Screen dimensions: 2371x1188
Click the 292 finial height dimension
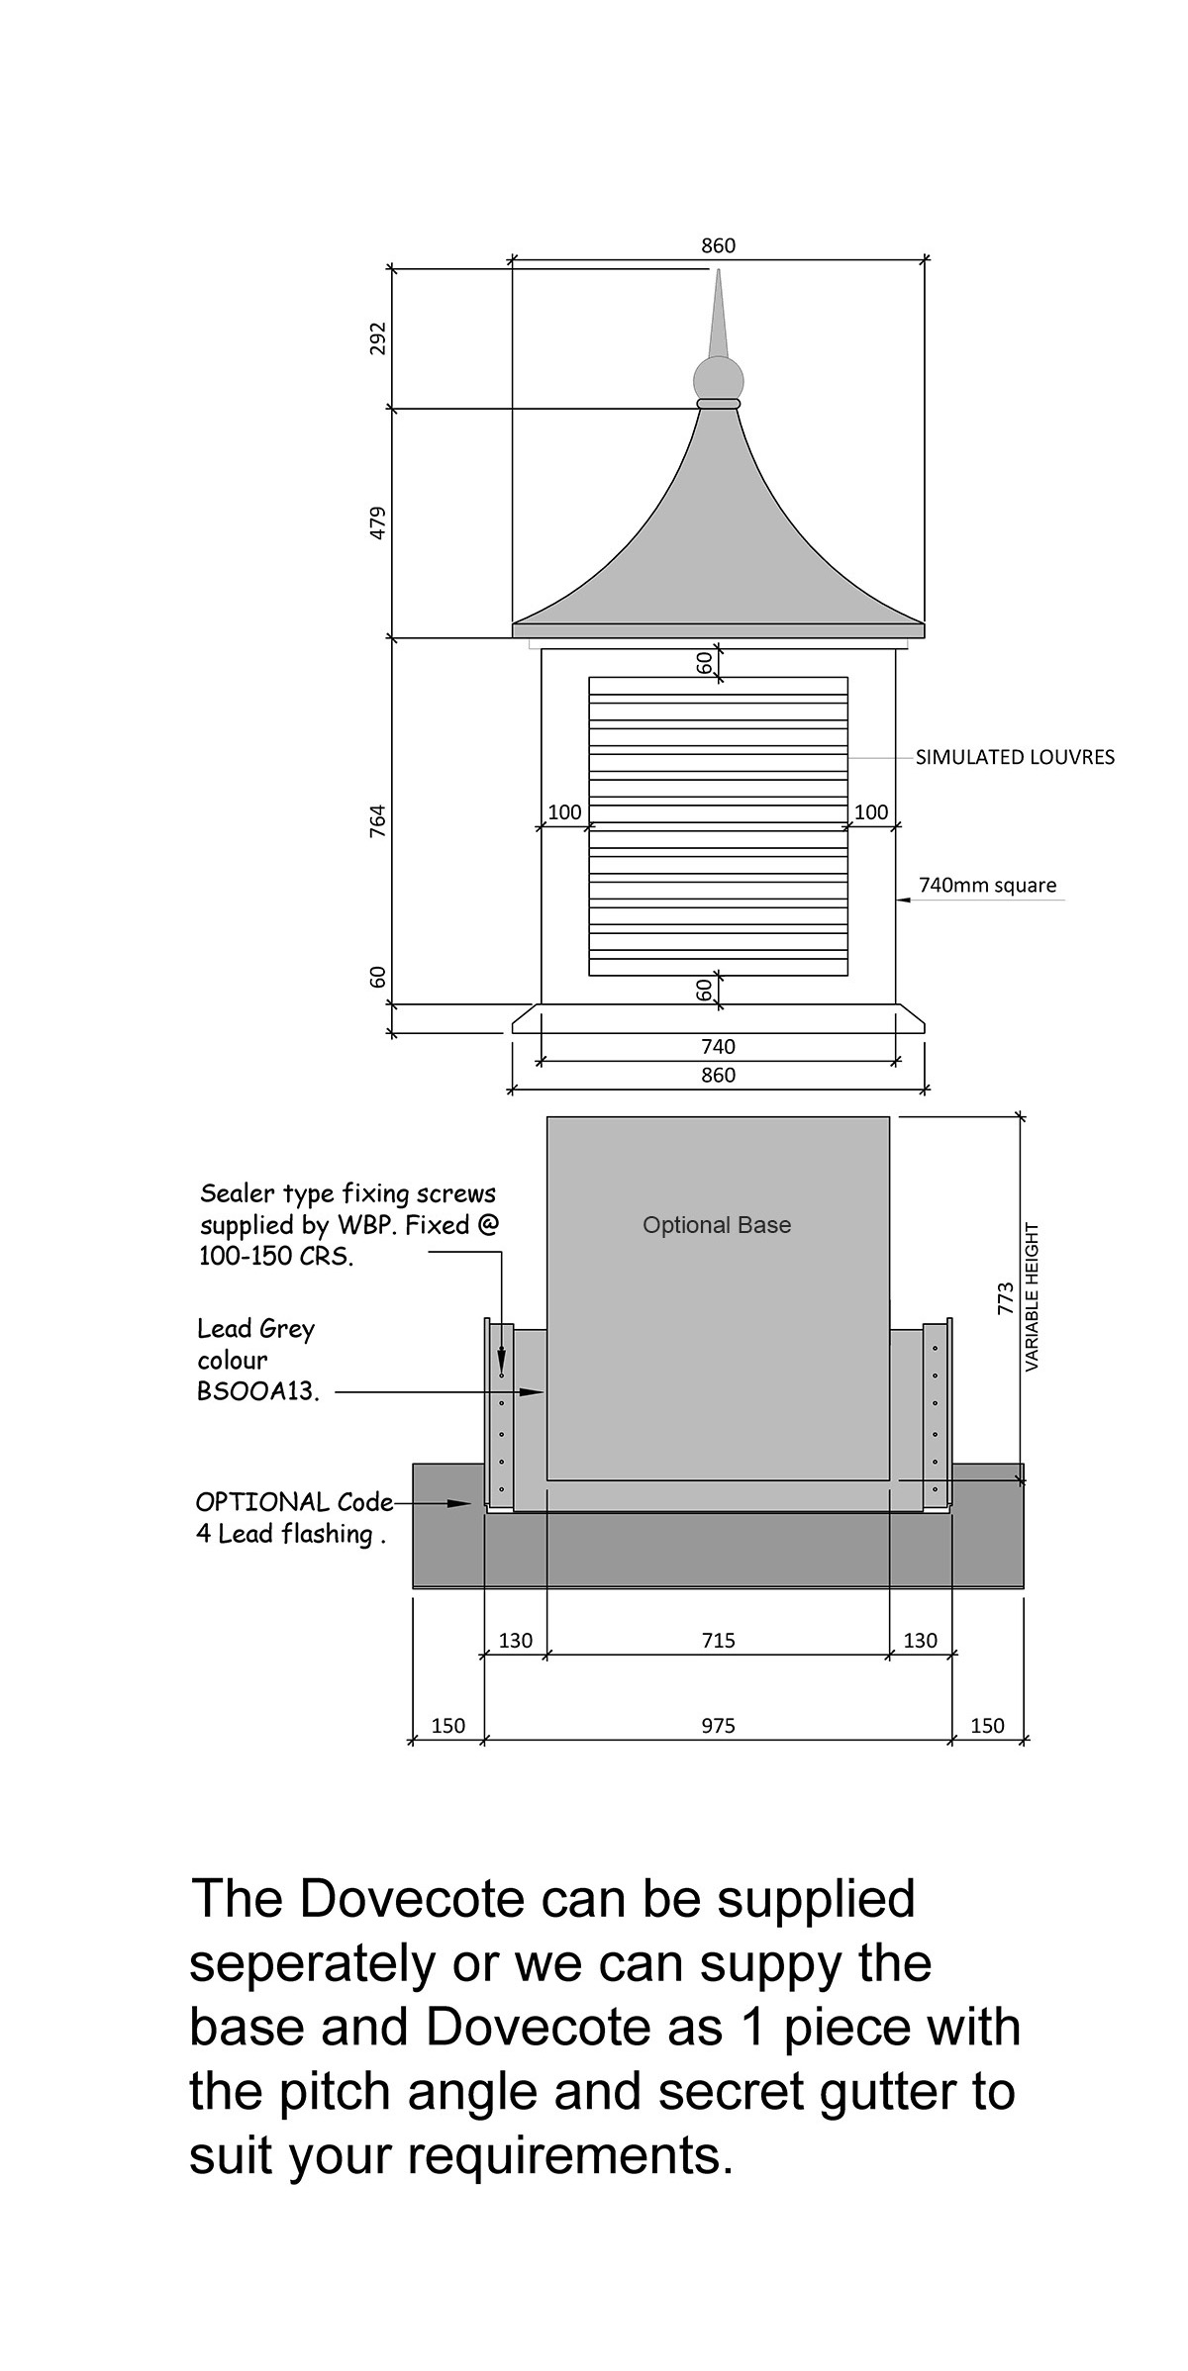coord(377,338)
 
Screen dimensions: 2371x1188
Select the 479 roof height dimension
coord(377,522)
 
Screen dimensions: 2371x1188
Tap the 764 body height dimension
coord(377,821)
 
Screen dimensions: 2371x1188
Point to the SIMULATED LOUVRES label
coord(1015,757)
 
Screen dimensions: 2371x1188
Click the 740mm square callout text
coord(987,885)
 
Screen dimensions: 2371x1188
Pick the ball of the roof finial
coord(718,379)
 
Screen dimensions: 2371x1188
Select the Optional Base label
coord(717,1225)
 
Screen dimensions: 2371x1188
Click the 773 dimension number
coord(1006,1298)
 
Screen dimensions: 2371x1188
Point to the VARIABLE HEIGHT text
coord(1032,1297)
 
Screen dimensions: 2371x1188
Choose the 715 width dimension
coord(718,1641)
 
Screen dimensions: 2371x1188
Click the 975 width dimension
coord(718,1726)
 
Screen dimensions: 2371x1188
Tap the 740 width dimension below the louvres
coord(718,1046)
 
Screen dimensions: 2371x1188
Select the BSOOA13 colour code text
coord(257,1391)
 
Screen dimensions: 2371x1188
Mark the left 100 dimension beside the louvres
coord(564,812)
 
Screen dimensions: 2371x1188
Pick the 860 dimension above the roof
coord(718,245)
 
